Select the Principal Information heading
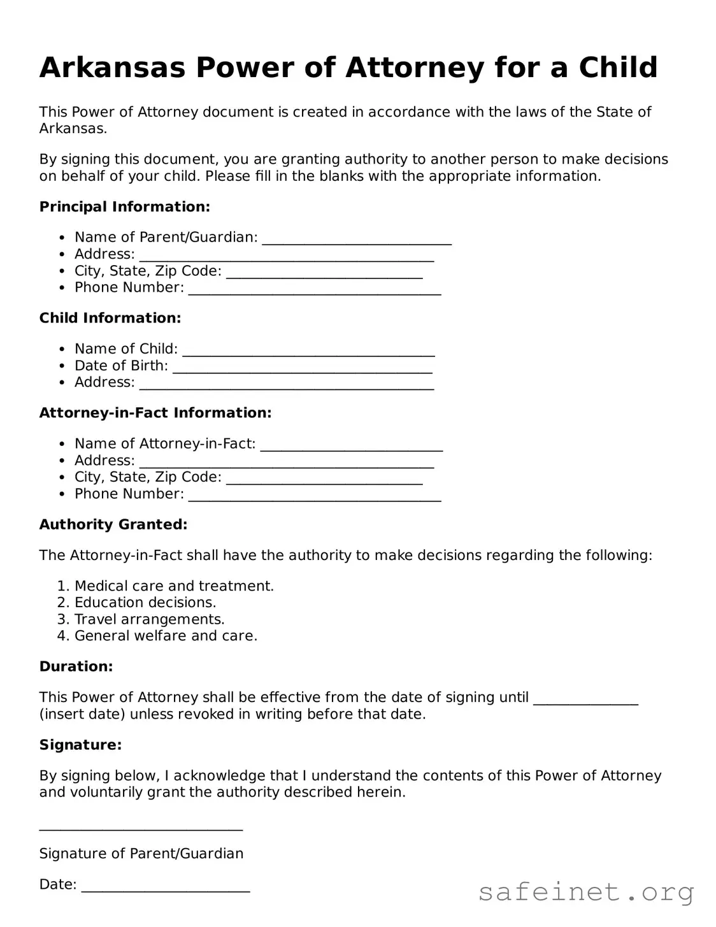coord(124,207)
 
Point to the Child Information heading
coord(110,318)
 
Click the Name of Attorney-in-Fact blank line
coord(352,447)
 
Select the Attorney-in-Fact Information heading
coord(155,413)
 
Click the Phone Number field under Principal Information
coord(315,292)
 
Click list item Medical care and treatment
coord(174,586)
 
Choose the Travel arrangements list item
coord(149,619)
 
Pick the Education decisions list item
coord(145,603)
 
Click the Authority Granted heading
coord(113,524)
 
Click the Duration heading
coord(76,666)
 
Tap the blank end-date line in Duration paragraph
coord(585,701)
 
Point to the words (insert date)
coord(82,714)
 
